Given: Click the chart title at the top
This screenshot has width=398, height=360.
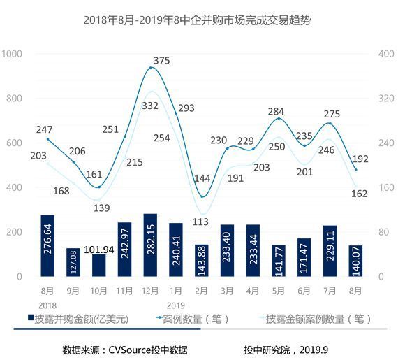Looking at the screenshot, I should (x=197, y=20).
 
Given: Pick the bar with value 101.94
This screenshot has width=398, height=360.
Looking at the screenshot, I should (x=99, y=265).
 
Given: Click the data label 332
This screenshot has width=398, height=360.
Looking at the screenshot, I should (x=151, y=106).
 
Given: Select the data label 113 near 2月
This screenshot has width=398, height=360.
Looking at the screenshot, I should (x=201, y=222).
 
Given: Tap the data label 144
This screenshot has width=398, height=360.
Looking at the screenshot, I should (x=202, y=178).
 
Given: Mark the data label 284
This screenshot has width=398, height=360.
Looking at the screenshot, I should (x=278, y=111).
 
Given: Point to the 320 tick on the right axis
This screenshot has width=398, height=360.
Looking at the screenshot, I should (x=386, y=99).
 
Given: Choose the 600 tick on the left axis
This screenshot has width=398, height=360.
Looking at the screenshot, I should (x=15, y=143).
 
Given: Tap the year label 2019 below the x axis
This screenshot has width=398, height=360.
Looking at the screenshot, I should (x=176, y=305).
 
